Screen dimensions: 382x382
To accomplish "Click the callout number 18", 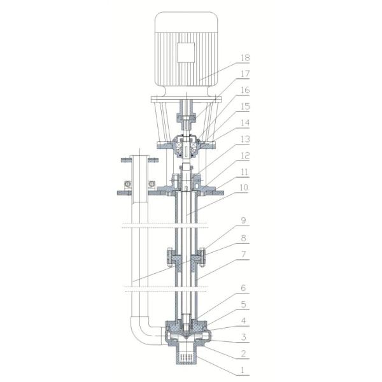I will (245, 57).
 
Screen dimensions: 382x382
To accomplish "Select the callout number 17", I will (245, 74).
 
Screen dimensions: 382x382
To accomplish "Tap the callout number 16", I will (245, 90).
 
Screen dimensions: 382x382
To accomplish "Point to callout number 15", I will (245, 106).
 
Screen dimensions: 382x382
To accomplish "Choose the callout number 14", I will (245, 123).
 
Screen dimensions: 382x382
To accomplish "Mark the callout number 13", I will (245, 139).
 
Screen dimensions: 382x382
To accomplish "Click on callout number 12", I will (245, 156).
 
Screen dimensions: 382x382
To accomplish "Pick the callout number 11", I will (245, 173).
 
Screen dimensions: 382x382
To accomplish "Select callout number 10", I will (245, 189).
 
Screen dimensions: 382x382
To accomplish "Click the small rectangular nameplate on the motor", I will (187, 52).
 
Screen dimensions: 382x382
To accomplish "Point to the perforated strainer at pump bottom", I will (187, 358).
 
